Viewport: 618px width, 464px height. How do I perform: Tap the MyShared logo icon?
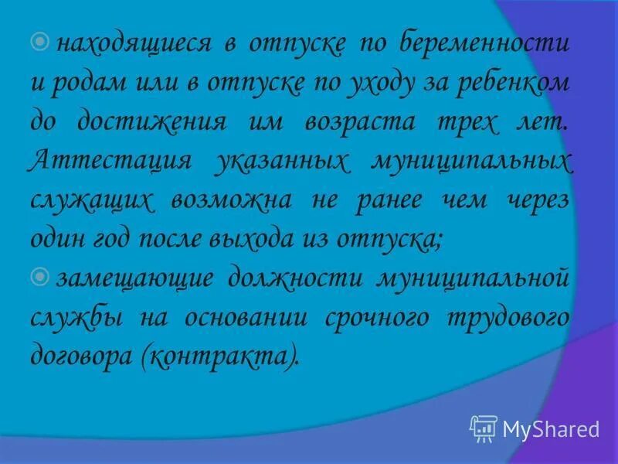(482, 428)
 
